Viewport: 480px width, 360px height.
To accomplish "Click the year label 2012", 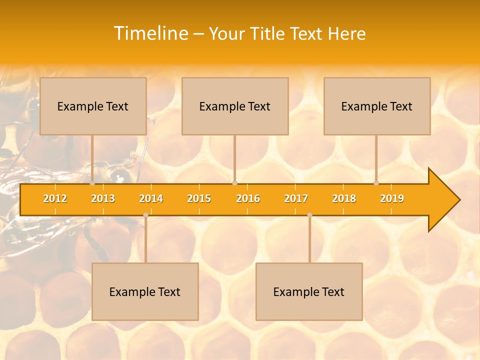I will [x=55, y=198].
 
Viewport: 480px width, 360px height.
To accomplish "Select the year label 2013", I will [x=103, y=198].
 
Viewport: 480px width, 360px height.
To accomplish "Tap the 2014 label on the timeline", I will [x=151, y=198].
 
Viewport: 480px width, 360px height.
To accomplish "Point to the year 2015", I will [x=199, y=198].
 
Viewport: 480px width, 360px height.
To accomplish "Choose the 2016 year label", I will [x=248, y=198].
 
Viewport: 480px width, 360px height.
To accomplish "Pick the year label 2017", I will [x=296, y=198].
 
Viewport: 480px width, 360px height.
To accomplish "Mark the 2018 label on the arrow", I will [x=344, y=198].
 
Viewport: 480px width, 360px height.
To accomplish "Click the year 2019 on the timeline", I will [x=392, y=198].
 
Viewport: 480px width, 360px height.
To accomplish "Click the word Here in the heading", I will [x=346, y=33].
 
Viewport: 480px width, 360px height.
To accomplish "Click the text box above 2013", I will [x=93, y=106].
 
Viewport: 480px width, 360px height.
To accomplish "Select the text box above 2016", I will [x=235, y=106].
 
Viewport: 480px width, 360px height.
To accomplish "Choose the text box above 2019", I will [x=377, y=106].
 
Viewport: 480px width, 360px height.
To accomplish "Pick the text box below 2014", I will [x=145, y=291].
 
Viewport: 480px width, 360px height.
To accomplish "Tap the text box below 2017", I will [x=309, y=291].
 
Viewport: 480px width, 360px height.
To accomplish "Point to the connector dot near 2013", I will [x=92, y=183].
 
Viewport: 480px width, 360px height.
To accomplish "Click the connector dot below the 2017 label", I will [x=309, y=215].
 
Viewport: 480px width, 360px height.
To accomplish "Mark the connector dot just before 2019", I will [x=376, y=183].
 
